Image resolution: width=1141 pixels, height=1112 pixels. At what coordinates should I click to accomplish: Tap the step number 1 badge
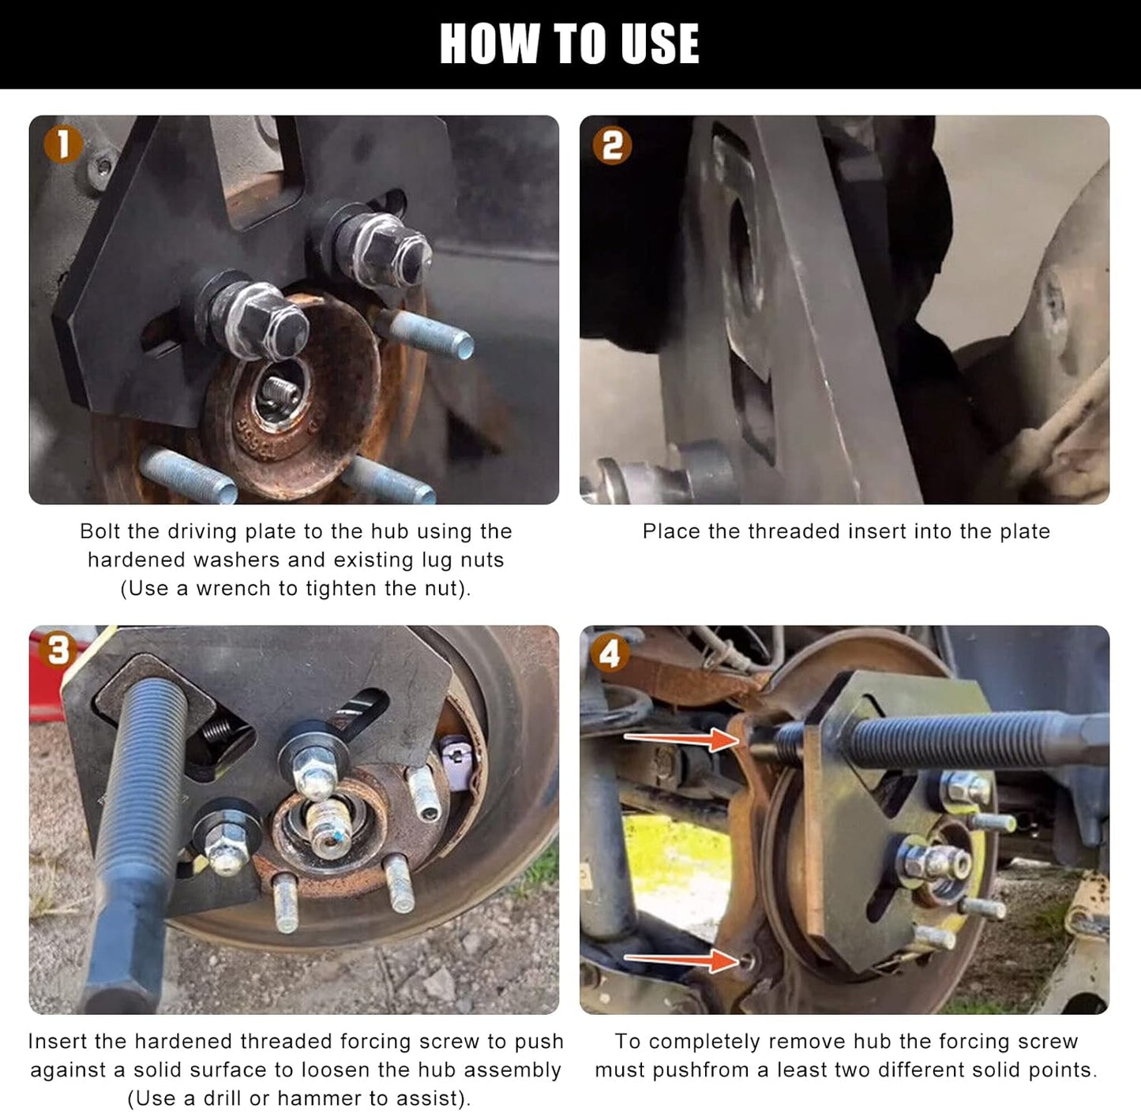[62, 144]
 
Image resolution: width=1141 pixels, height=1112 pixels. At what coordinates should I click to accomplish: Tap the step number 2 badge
[612, 145]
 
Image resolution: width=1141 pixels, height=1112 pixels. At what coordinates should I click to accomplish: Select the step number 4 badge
[610, 653]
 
